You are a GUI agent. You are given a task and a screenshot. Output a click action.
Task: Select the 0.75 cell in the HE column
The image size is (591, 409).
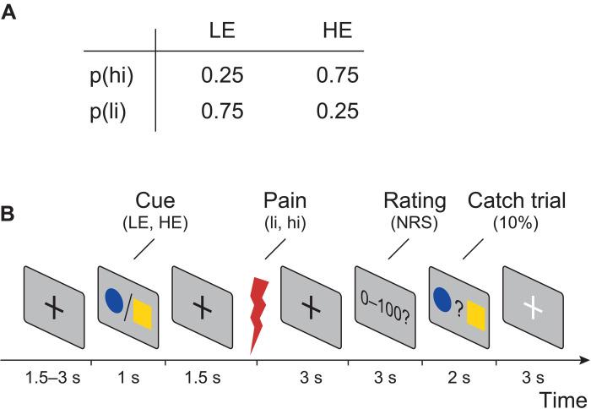click(337, 77)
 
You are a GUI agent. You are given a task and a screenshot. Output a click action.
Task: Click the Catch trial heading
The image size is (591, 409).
click(517, 203)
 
